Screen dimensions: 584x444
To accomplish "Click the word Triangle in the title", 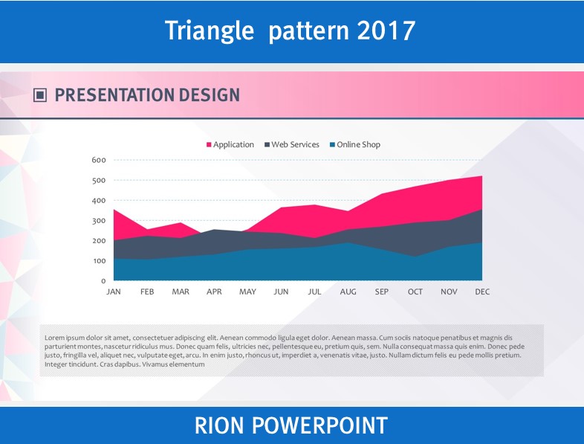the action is pos(210,31).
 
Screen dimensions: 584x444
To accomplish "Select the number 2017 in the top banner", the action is pos(386,30).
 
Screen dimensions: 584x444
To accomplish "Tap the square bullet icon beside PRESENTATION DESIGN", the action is pos(40,95).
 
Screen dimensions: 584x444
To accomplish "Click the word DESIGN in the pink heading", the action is pos(210,95).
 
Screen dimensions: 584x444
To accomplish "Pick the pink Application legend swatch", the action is pos(209,144).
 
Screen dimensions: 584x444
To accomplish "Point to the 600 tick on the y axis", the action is pos(99,160).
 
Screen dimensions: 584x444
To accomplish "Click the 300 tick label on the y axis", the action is pos(99,221).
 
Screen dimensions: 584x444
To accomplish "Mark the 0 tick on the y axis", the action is pos(103,281).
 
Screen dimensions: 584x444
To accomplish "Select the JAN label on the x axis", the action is pos(114,292).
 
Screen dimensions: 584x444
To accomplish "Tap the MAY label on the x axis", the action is pos(247,292).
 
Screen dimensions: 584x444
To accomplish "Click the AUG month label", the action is pos(348,292).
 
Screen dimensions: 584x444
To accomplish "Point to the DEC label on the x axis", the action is pos(482,292).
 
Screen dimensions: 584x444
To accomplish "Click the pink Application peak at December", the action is pos(482,176).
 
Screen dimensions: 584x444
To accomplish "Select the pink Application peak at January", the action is pos(114,210).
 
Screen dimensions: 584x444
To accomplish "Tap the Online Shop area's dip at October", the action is pos(415,256).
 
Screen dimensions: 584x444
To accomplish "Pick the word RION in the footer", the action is pos(218,425).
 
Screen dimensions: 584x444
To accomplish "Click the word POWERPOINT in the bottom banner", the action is pos(320,425).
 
